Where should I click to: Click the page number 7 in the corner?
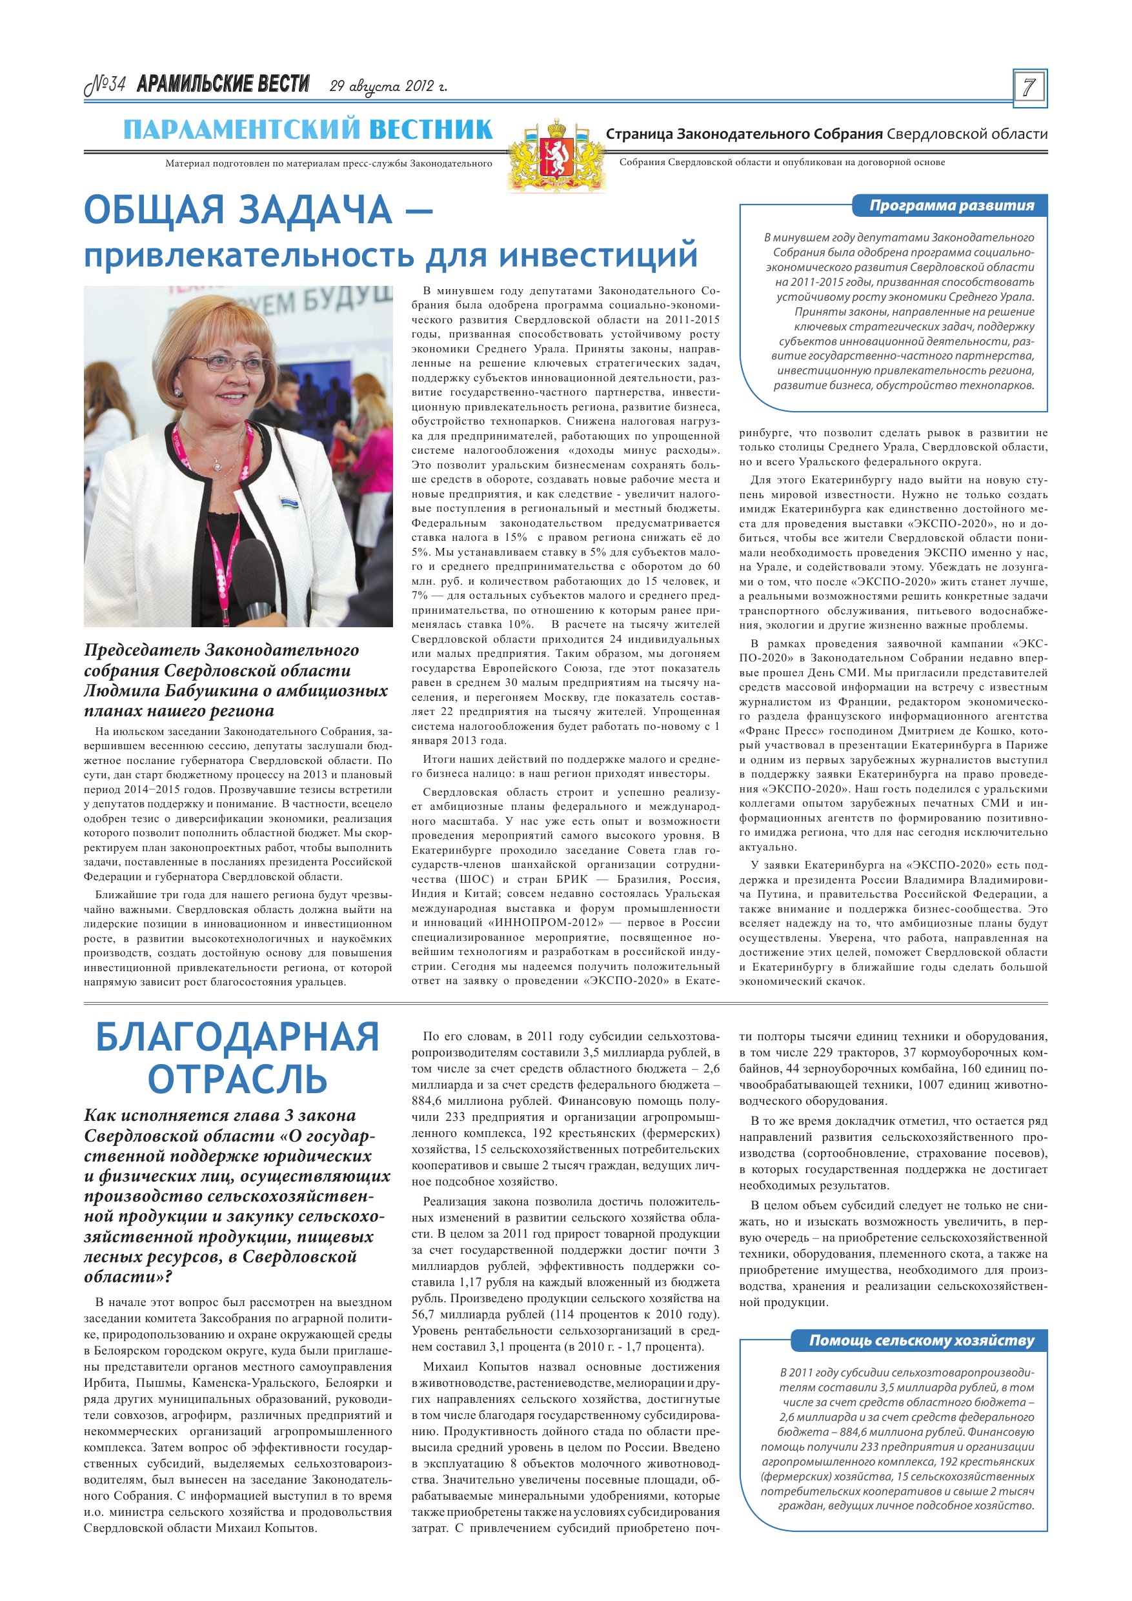[1029, 88]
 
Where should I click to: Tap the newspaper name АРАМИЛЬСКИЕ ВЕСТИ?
[223, 85]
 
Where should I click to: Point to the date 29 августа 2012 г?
[389, 87]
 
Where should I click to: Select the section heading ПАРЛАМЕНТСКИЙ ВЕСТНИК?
[308, 130]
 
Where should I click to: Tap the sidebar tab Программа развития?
[951, 206]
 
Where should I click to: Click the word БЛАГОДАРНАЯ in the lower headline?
[237, 1038]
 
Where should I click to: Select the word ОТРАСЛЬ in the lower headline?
[237, 1080]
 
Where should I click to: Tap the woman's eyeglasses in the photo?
[212, 364]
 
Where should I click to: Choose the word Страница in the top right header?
[640, 133]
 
